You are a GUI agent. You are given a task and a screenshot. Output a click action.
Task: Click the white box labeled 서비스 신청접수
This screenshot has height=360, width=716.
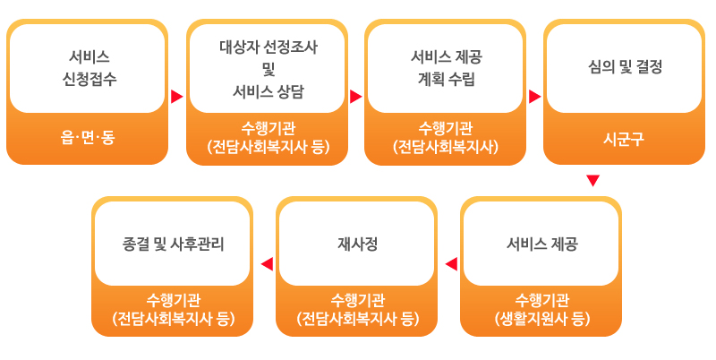[x=87, y=69]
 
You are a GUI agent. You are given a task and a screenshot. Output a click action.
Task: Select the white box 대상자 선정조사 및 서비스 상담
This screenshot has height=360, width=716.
[x=267, y=69]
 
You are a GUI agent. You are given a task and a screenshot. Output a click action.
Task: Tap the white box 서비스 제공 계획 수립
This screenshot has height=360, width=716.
[x=445, y=69]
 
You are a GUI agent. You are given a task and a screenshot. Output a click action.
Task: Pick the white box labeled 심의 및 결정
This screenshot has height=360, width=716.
[x=624, y=69]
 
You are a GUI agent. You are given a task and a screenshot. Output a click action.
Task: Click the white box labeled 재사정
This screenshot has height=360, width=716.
[x=356, y=243]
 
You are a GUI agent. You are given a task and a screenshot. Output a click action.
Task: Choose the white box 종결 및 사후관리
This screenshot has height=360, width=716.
[x=172, y=243]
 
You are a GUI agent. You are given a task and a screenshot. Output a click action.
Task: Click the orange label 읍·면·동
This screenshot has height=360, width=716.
[x=87, y=137]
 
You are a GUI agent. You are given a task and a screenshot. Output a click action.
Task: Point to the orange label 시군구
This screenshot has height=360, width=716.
[x=624, y=139]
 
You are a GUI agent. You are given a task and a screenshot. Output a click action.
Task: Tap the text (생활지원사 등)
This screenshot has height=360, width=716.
[x=542, y=319]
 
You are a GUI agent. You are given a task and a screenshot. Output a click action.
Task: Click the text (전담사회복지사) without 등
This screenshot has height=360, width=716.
[x=445, y=147]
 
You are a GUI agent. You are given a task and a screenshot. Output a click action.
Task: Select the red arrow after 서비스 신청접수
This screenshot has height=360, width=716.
[x=176, y=97]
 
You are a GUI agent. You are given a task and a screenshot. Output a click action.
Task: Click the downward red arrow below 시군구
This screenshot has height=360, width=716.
[x=592, y=181]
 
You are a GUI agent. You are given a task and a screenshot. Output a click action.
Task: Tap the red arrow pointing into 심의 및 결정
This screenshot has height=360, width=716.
[x=534, y=97]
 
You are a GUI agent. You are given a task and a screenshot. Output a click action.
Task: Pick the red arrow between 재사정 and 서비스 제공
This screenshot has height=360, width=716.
[x=451, y=264]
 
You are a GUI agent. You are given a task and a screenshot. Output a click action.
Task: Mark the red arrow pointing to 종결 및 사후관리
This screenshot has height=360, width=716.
[x=267, y=264]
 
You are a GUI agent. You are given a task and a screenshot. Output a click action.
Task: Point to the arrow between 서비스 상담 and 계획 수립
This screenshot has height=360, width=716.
[x=355, y=97]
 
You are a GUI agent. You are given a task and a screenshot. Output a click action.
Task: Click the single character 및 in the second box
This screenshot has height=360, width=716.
[x=268, y=69]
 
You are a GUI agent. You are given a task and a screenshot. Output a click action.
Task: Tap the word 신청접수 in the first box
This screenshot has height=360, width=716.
[x=89, y=79]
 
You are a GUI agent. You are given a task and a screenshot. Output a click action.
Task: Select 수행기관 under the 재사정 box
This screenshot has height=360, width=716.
[x=357, y=300]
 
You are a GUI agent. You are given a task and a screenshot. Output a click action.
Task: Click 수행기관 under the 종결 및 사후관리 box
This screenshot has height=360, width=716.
[x=173, y=300]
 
